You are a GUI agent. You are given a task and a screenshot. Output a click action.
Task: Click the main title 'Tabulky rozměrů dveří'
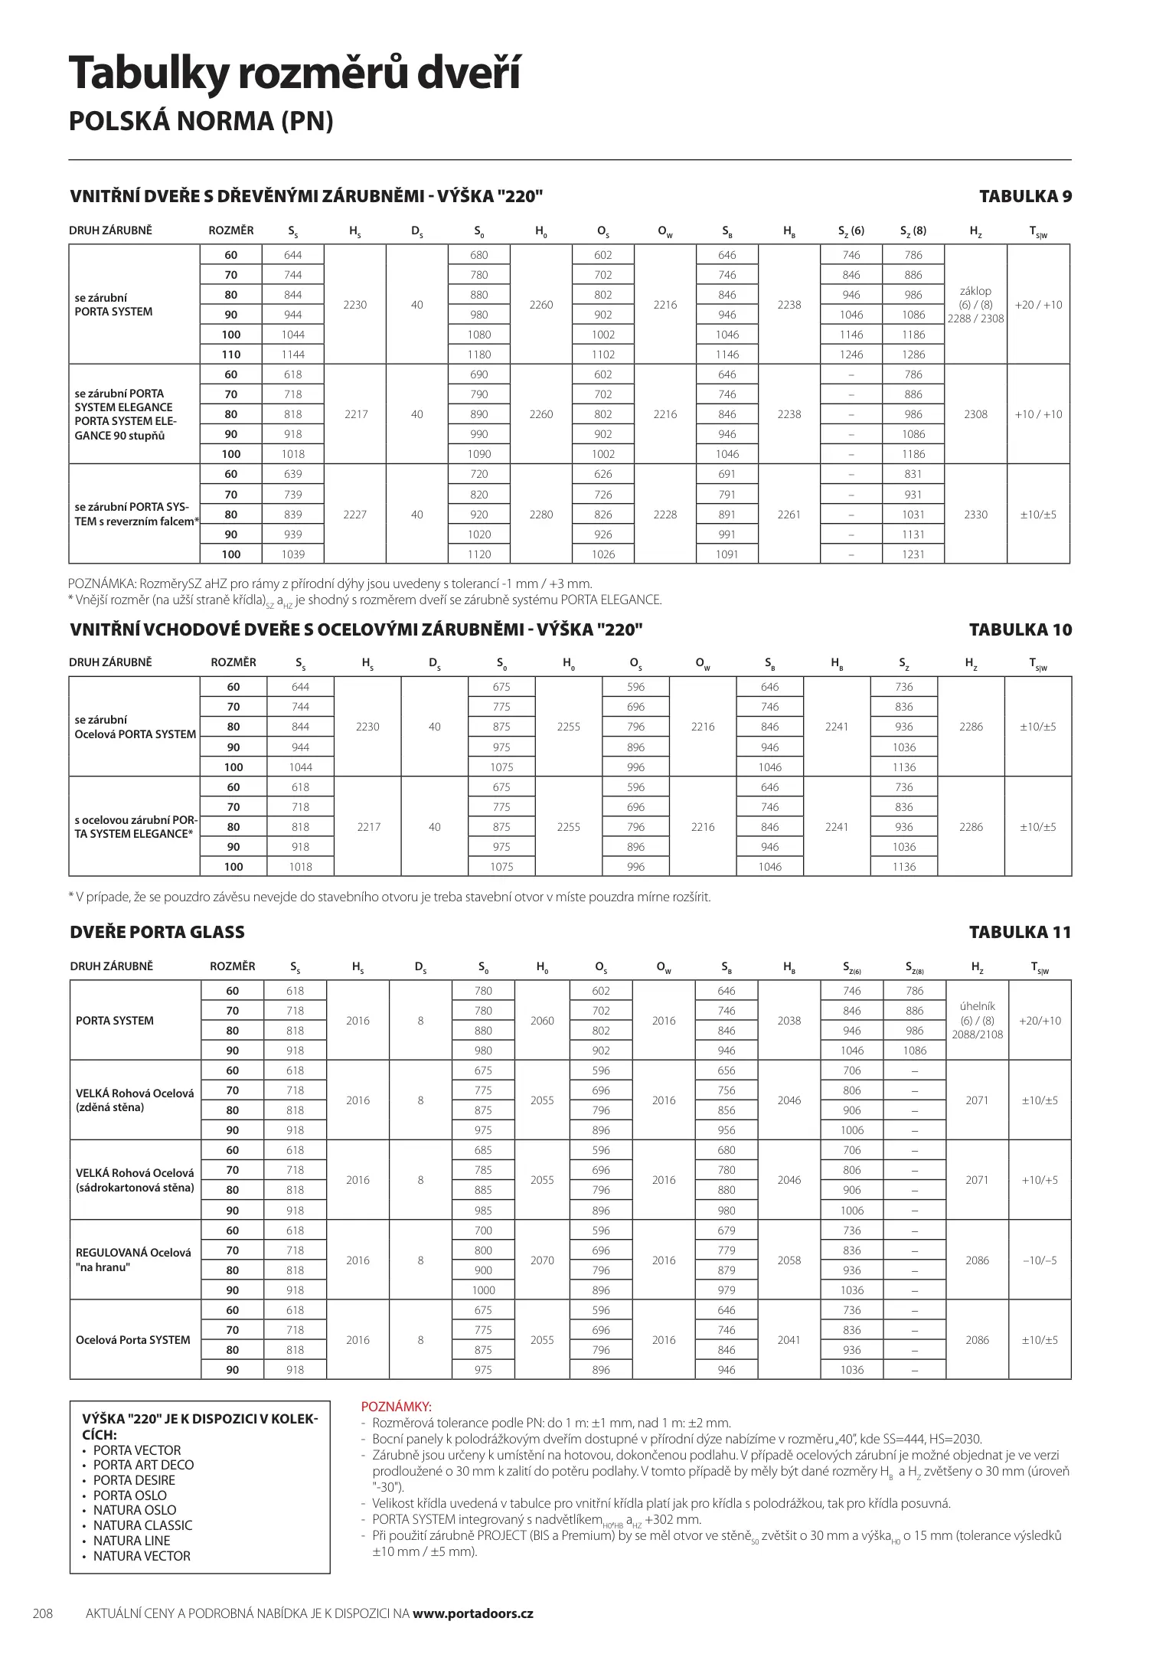pos(295,75)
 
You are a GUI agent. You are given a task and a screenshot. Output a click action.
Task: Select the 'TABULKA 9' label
pos(1025,196)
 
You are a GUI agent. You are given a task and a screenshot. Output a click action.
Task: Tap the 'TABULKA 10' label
pos(1020,629)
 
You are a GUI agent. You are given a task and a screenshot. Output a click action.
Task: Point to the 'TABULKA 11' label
pos(1020,932)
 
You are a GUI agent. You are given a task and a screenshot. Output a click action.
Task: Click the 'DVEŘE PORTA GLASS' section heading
pos(157,932)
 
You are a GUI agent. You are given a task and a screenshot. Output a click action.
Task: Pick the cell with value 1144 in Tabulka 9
pos(292,355)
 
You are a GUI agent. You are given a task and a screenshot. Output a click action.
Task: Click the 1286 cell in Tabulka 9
pos(913,355)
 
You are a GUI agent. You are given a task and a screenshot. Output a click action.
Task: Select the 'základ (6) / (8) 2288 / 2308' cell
pos(975,305)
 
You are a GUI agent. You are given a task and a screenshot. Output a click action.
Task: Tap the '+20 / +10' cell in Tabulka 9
pos(1038,305)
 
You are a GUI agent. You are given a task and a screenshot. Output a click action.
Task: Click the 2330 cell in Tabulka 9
pos(975,515)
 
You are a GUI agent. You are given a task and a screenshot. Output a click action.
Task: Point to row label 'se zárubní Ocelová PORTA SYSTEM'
pos(135,727)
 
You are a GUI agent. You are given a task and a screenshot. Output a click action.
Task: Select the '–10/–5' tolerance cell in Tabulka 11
pos(1040,1260)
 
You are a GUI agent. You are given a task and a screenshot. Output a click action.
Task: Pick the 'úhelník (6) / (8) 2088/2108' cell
pos(977,1021)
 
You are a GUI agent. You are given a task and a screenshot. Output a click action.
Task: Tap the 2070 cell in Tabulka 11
pos(542,1260)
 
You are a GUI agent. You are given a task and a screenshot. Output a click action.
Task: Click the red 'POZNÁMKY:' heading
pos(396,1407)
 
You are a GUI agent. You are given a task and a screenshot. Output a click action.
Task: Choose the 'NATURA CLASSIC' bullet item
pos(142,1525)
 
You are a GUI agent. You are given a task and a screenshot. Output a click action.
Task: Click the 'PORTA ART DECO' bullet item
pos(143,1465)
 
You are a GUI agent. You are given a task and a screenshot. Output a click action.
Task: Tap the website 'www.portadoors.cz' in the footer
pos(472,1613)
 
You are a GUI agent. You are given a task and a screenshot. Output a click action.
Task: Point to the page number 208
pos(43,1613)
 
